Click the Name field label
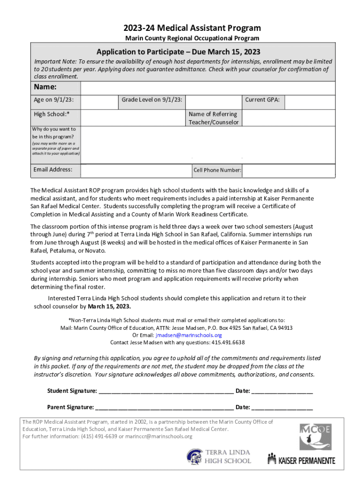click(x=45, y=87)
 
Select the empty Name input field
click(x=208, y=88)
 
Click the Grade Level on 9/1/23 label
click(x=152, y=100)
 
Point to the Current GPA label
click(x=262, y=100)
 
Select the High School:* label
click(x=49, y=114)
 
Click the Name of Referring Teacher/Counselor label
click(x=213, y=118)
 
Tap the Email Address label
click(x=53, y=169)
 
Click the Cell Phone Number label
click(x=217, y=170)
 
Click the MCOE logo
click(x=316, y=437)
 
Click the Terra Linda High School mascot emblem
click(x=194, y=457)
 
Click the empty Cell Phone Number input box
click(x=288, y=170)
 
